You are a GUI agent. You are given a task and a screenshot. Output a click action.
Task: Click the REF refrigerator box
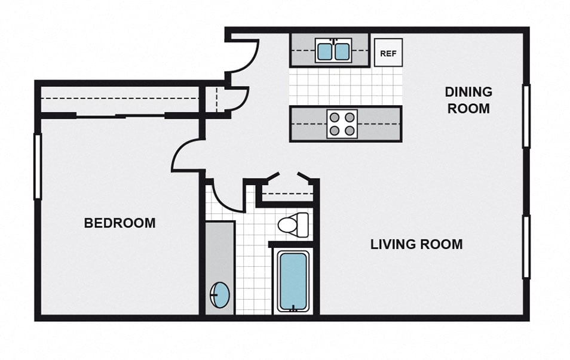388,53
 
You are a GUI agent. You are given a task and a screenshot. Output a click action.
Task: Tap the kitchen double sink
333,51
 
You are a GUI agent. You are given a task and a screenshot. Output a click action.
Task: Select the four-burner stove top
342,124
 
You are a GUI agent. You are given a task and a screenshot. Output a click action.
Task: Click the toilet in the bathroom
293,224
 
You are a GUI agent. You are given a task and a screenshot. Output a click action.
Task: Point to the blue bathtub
293,281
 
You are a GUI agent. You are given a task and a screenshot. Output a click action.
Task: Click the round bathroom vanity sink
220,295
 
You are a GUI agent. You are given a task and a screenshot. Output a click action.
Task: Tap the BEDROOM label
119,223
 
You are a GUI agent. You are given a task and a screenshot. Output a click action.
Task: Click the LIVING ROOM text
416,244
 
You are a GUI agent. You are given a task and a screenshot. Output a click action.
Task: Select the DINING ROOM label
468,100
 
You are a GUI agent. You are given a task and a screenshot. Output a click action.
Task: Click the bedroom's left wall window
37,167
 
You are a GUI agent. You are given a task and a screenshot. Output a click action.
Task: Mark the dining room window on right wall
526,116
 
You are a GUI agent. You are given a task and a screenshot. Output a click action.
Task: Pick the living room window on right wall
526,247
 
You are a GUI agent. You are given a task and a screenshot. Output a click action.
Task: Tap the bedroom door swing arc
186,155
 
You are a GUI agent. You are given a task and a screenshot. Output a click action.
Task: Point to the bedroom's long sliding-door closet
119,100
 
